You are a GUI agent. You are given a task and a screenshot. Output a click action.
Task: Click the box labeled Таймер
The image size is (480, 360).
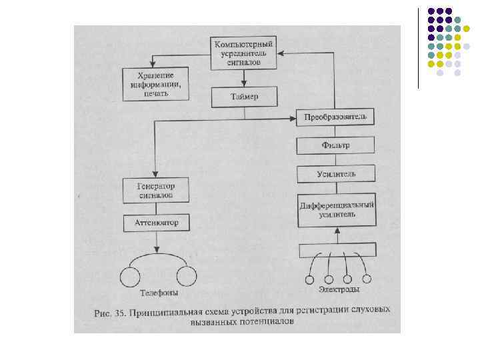[244, 98]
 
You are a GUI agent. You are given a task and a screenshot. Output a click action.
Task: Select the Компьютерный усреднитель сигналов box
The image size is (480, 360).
[243, 53]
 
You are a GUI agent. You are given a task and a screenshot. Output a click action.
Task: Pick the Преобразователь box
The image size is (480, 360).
[336, 117]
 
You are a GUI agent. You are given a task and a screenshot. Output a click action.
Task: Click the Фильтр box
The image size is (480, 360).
[336, 145]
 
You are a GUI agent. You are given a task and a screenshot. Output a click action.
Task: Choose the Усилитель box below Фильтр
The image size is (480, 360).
[336, 174]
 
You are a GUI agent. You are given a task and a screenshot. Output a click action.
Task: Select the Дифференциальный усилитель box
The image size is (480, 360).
[336, 209]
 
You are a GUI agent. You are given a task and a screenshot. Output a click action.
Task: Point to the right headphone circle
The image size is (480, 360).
[186, 275]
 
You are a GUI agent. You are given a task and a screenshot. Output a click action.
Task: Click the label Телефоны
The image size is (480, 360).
[159, 293]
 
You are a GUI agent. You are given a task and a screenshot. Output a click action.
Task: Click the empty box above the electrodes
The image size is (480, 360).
[337, 250]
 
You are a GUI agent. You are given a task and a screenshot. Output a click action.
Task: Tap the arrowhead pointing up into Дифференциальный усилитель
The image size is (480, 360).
[337, 230]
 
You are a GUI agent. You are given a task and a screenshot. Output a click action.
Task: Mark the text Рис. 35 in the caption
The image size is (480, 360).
[108, 311]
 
